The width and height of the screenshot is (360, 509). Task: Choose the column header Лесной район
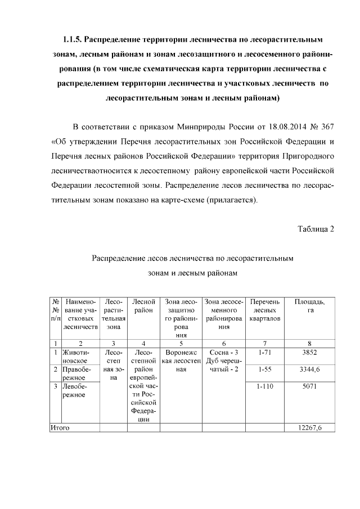(x=143, y=307)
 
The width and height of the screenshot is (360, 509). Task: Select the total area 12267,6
(x=310, y=428)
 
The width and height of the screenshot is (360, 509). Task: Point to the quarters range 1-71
(x=264, y=353)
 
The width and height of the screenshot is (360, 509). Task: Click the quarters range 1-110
(x=264, y=388)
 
